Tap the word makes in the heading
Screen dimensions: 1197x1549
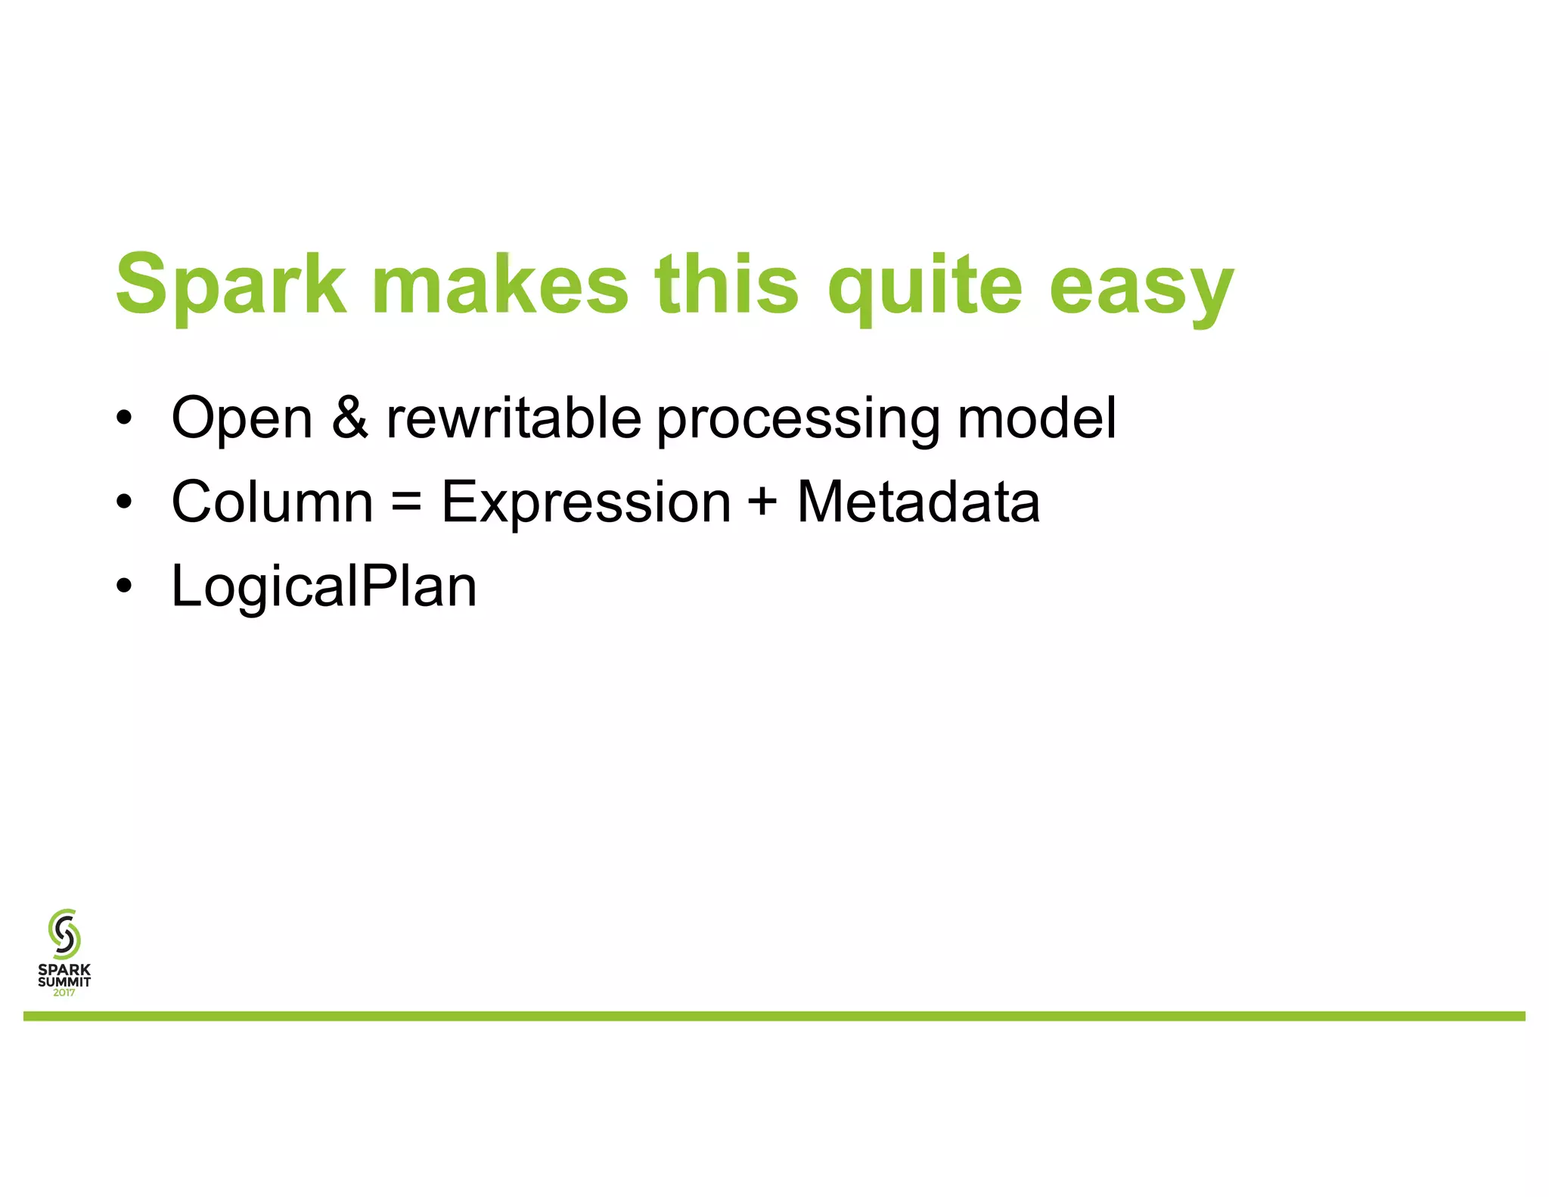(x=501, y=284)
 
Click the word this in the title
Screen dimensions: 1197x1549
(x=727, y=284)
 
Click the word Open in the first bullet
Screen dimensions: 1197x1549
(x=242, y=418)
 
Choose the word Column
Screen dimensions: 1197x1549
(x=272, y=502)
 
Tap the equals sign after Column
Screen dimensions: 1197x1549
(x=407, y=502)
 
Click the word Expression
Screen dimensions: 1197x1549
(x=586, y=503)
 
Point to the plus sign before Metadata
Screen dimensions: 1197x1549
(x=764, y=502)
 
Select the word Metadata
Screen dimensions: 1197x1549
(x=918, y=502)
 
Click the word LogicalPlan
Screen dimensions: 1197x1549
(x=324, y=587)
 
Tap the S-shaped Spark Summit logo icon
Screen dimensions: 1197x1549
(x=64, y=934)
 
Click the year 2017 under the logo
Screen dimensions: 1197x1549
(x=64, y=993)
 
